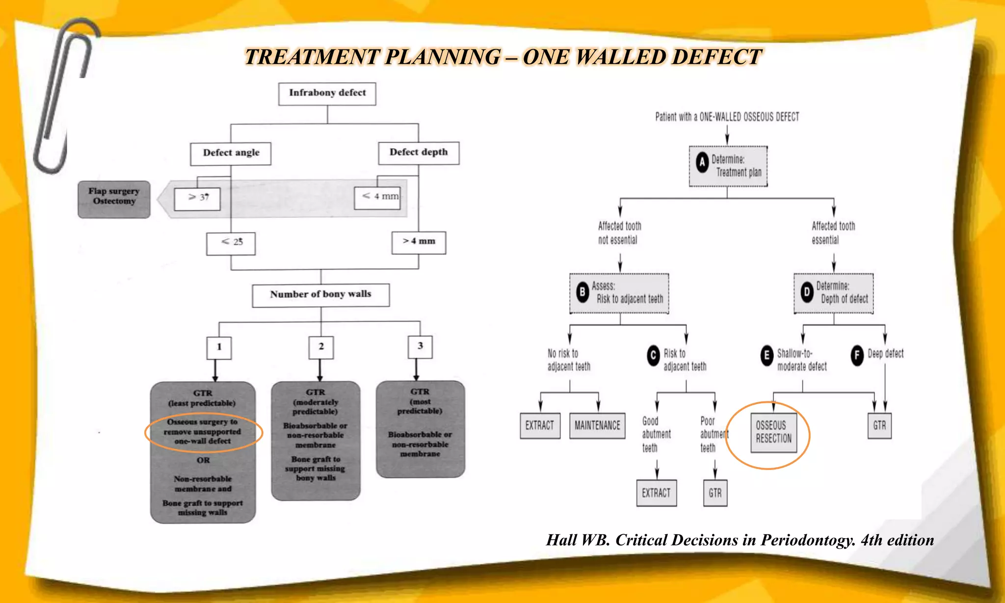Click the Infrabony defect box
[327, 94]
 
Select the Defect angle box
[231, 154]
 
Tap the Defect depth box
[419, 153]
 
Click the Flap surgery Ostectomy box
[114, 199]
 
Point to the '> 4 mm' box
[419, 242]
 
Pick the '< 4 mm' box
[378, 197]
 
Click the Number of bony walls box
[320, 295]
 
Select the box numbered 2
[321, 347]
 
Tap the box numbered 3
[420, 346]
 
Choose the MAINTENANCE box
[597, 425]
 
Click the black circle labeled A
[702, 162]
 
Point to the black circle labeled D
[807, 292]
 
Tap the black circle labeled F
[857, 355]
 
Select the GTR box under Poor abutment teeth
[715, 493]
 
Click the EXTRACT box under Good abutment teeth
[656, 493]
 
